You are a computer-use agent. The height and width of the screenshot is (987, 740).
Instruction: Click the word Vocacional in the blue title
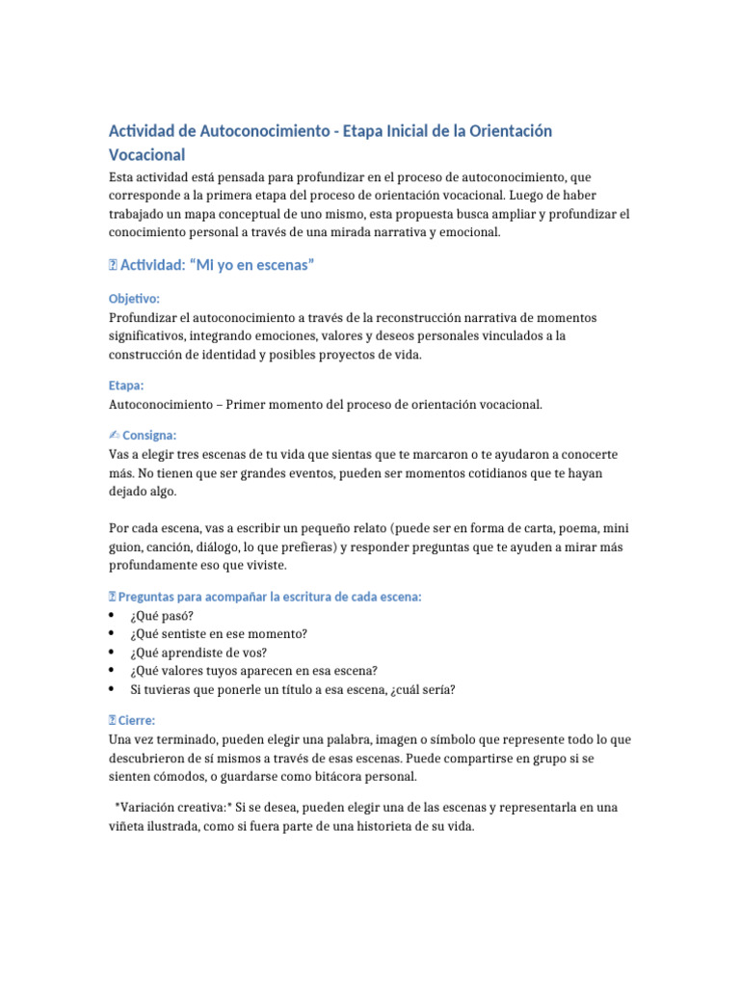147,154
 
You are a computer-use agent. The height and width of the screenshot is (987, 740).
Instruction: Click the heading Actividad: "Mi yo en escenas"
218,265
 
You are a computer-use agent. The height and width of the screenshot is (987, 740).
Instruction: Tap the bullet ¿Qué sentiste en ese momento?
218,633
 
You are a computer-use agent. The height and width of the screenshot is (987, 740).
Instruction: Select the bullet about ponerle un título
293,689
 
